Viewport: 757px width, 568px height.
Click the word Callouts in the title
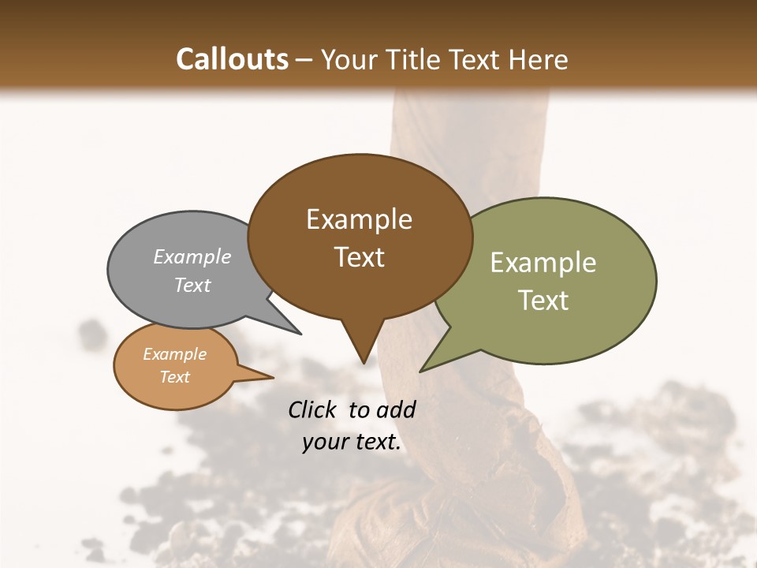click(x=232, y=60)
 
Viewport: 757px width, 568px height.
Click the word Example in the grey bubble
click(x=192, y=257)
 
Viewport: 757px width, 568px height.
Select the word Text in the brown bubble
click(x=360, y=257)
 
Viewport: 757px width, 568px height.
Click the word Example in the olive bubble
click(x=543, y=263)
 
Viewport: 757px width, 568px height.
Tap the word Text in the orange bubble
click(x=175, y=377)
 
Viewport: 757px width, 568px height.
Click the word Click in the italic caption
click(x=312, y=409)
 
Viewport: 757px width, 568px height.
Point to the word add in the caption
click(x=397, y=409)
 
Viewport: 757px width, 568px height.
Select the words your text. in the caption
click(x=352, y=443)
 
